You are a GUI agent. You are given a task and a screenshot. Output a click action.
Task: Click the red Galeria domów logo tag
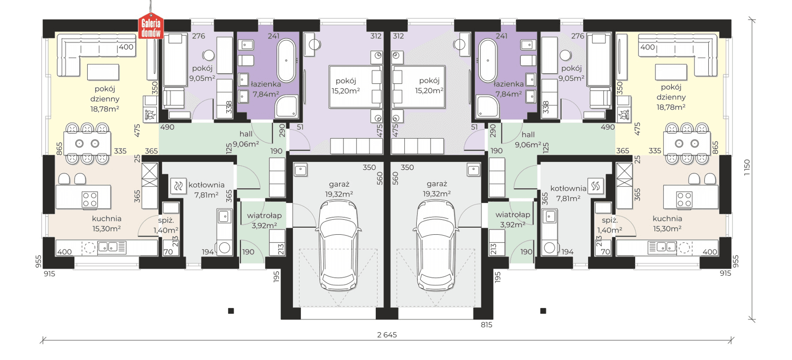pos(151,26)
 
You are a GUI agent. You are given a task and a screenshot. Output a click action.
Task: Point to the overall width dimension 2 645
pos(387,335)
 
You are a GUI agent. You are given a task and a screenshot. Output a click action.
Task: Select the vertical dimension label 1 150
pos(746,168)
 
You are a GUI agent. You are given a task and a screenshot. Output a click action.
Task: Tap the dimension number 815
pos(487,325)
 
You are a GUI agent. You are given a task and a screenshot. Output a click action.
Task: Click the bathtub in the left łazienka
pos(286,60)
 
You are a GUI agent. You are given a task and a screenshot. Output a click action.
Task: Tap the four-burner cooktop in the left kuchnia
pos(90,199)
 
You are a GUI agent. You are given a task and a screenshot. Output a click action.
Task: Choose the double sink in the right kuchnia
pos(662,247)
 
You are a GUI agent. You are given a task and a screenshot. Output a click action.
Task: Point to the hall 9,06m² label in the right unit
pos(528,139)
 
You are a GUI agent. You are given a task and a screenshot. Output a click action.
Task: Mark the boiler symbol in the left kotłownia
pos(179,186)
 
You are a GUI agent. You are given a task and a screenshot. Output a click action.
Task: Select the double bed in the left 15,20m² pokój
pos(355,87)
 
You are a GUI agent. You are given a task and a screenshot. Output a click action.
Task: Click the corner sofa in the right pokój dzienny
pos(678,54)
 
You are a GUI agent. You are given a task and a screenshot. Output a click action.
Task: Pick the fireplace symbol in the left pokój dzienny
pos(150,114)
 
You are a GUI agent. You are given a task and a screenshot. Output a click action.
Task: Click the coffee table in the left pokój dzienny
pos(103,72)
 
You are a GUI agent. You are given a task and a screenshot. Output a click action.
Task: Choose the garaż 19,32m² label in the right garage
pos(437,189)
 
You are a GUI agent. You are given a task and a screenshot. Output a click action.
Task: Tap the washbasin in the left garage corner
pos(300,170)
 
